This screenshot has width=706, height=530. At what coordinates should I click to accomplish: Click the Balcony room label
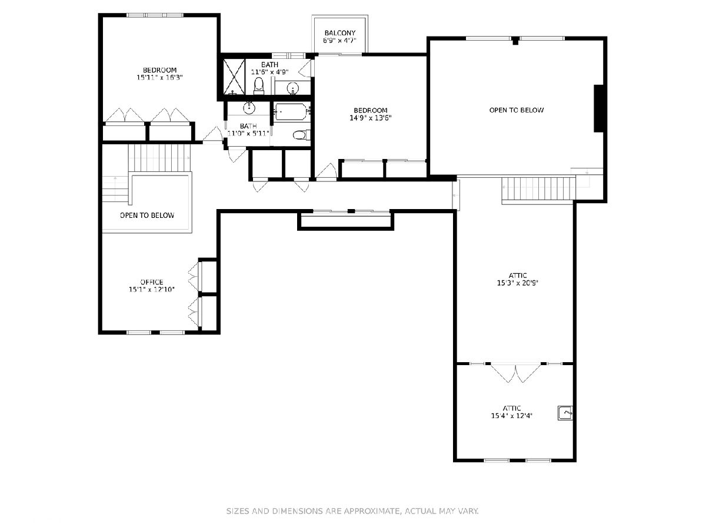[x=339, y=33]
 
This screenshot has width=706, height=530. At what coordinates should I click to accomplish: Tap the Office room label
[x=151, y=282]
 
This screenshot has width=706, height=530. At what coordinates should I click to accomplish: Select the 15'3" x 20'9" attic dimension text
[x=518, y=283]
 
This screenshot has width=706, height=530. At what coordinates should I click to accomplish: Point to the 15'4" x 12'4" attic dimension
[x=512, y=416]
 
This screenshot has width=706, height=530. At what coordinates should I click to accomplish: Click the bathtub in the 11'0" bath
[x=291, y=111]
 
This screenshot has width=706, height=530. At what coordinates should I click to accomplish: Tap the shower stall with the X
[x=234, y=77]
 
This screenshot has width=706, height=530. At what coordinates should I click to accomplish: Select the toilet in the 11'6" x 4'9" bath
[x=259, y=86]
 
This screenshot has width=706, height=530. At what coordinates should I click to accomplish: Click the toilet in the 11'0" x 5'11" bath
[x=301, y=135]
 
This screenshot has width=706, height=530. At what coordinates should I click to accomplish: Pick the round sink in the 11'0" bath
[x=249, y=108]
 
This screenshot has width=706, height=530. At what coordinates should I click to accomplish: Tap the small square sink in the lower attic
[x=565, y=413]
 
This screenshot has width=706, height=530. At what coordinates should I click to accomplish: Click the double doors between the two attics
[x=515, y=373]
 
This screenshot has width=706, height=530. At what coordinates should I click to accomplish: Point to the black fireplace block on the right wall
[x=598, y=108]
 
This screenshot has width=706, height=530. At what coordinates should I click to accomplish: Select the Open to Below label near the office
[x=147, y=216]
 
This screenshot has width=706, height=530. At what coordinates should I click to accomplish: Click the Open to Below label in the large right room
[x=517, y=110]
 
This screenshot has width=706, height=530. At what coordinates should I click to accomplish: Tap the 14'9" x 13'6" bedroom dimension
[x=371, y=118]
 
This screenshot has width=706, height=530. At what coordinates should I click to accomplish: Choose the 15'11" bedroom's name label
[x=160, y=70]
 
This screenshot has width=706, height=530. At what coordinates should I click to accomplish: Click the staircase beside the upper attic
[x=539, y=190]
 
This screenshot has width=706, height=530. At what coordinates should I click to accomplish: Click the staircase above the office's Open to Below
[x=159, y=158]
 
